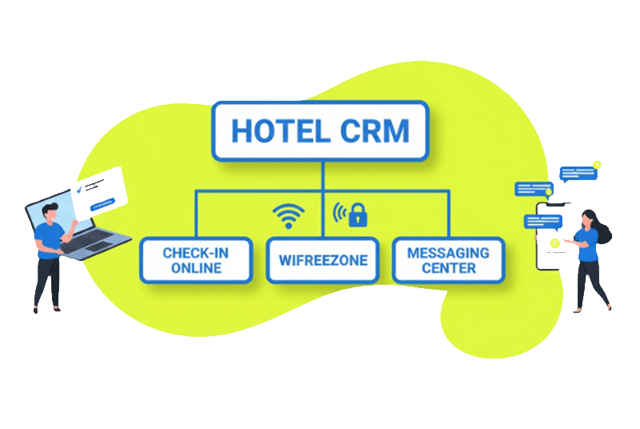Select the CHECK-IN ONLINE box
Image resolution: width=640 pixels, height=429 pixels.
[x=196, y=260]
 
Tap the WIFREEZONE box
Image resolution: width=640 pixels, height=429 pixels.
[x=322, y=260]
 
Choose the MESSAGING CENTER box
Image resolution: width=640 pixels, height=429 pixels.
[x=448, y=260]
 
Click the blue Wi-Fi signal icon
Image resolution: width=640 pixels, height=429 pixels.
[x=289, y=214]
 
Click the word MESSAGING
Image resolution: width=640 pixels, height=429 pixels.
[x=448, y=252]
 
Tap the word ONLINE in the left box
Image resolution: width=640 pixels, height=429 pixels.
[x=196, y=268]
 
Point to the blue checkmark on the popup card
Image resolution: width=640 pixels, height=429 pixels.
[x=78, y=190]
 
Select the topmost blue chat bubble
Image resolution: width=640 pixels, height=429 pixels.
[x=578, y=173]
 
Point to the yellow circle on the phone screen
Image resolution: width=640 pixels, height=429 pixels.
[x=554, y=241]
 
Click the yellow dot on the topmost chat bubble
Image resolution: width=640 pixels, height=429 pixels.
[x=597, y=165]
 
